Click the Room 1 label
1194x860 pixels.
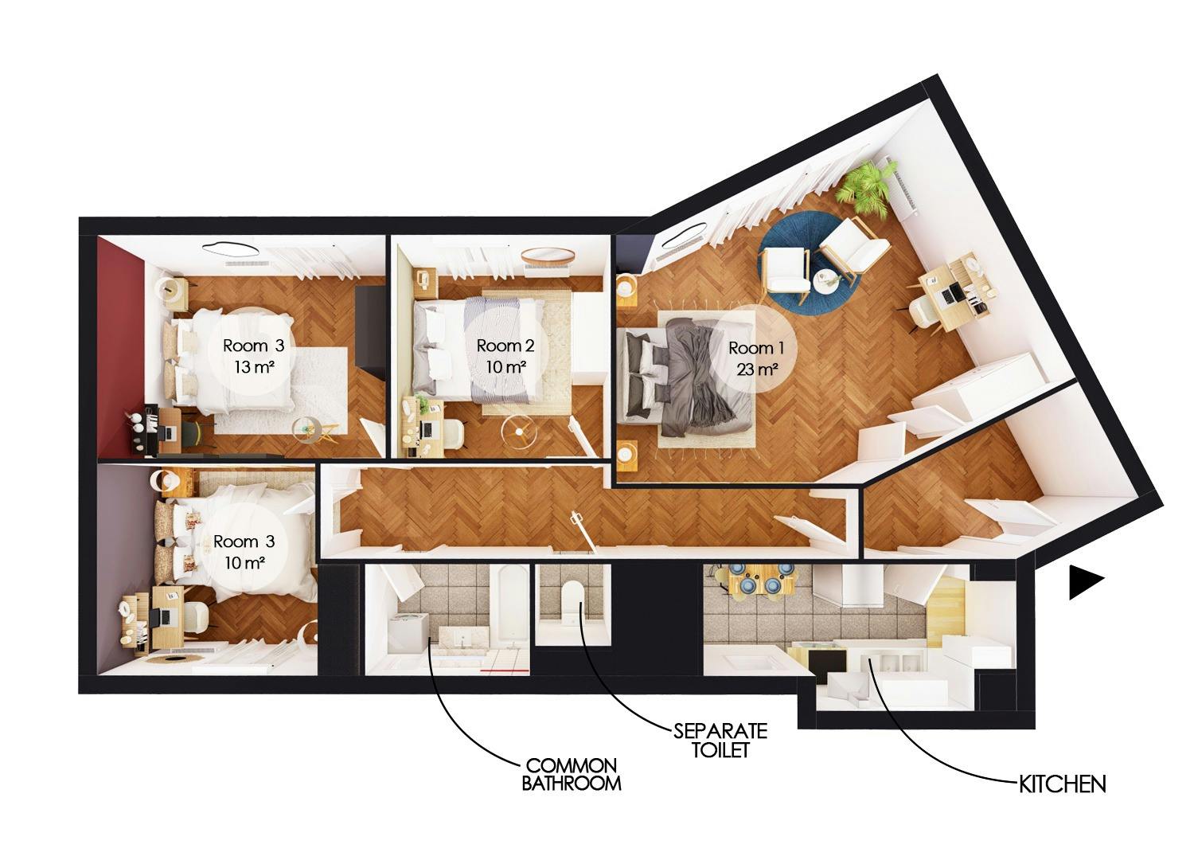(x=757, y=348)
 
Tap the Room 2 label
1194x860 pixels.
(x=505, y=346)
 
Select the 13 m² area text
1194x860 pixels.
(x=252, y=367)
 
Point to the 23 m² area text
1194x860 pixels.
(x=757, y=369)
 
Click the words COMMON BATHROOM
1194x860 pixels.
(x=571, y=774)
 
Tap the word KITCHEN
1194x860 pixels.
(x=1063, y=784)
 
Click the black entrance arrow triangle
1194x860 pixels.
(x=1084, y=583)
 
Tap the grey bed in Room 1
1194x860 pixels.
(x=689, y=374)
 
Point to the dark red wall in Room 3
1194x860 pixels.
(x=119, y=342)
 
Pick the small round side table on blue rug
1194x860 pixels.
(x=825, y=279)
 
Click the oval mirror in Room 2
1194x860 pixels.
(x=548, y=256)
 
